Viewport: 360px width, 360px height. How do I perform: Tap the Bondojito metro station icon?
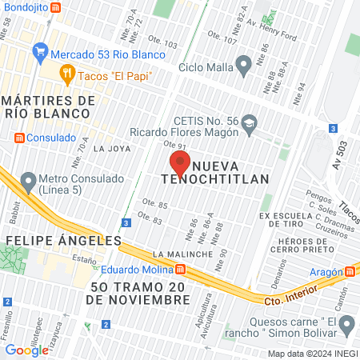(x=54, y=7)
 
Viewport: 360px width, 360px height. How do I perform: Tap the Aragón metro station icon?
(x=348, y=271)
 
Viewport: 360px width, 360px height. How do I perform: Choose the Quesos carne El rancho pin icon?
(x=347, y=325)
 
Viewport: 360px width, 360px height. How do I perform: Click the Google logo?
(x=26, y=350)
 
